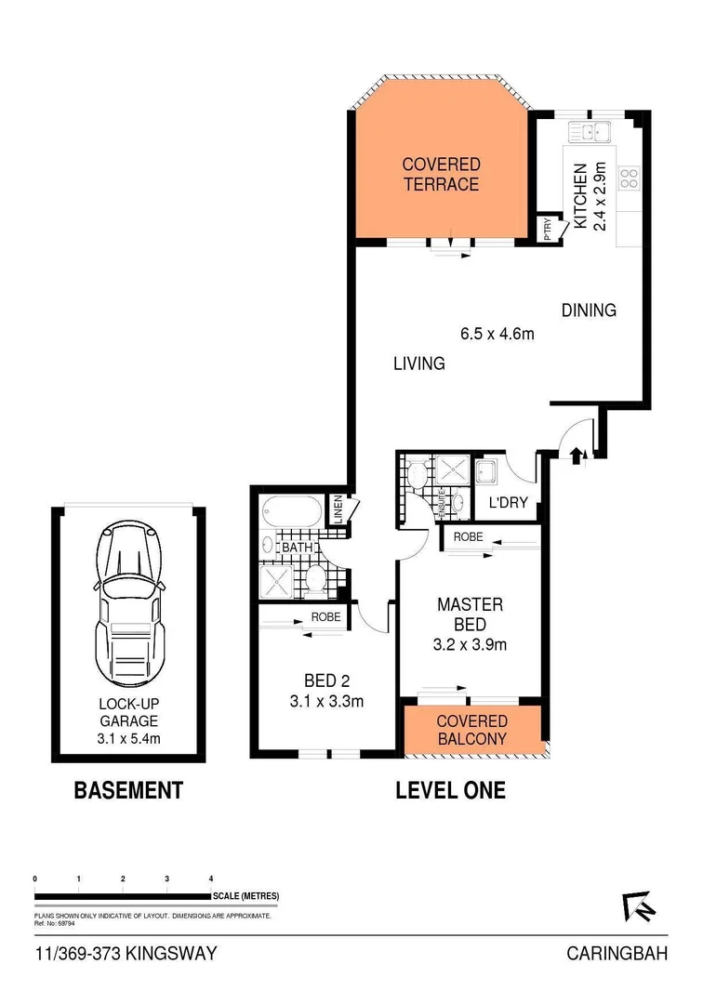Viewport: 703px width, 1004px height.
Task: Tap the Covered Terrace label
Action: click(441, 174)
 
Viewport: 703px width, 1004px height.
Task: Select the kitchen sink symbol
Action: click(589, 133)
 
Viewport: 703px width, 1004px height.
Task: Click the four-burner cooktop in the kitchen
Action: click(629, 177)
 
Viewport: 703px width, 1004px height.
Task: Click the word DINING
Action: click(589, 310)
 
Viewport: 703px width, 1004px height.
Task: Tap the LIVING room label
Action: click(418, 363)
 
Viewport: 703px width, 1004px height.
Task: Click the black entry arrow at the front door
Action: click(576, 455)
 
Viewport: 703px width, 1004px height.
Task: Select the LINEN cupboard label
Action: click(341, 510)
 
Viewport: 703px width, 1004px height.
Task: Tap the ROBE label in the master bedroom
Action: click(469, 536)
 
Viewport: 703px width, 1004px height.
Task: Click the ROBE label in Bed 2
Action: click(326, 615)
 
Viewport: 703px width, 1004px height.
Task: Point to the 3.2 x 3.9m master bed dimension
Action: click(471, 643)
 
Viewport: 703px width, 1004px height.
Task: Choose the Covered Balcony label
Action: click(471, 730)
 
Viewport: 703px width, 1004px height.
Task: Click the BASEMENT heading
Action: click(128, 791)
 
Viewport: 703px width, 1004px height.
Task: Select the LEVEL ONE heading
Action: click(450, 791)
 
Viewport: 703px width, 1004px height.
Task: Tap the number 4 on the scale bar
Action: click(211, 878)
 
